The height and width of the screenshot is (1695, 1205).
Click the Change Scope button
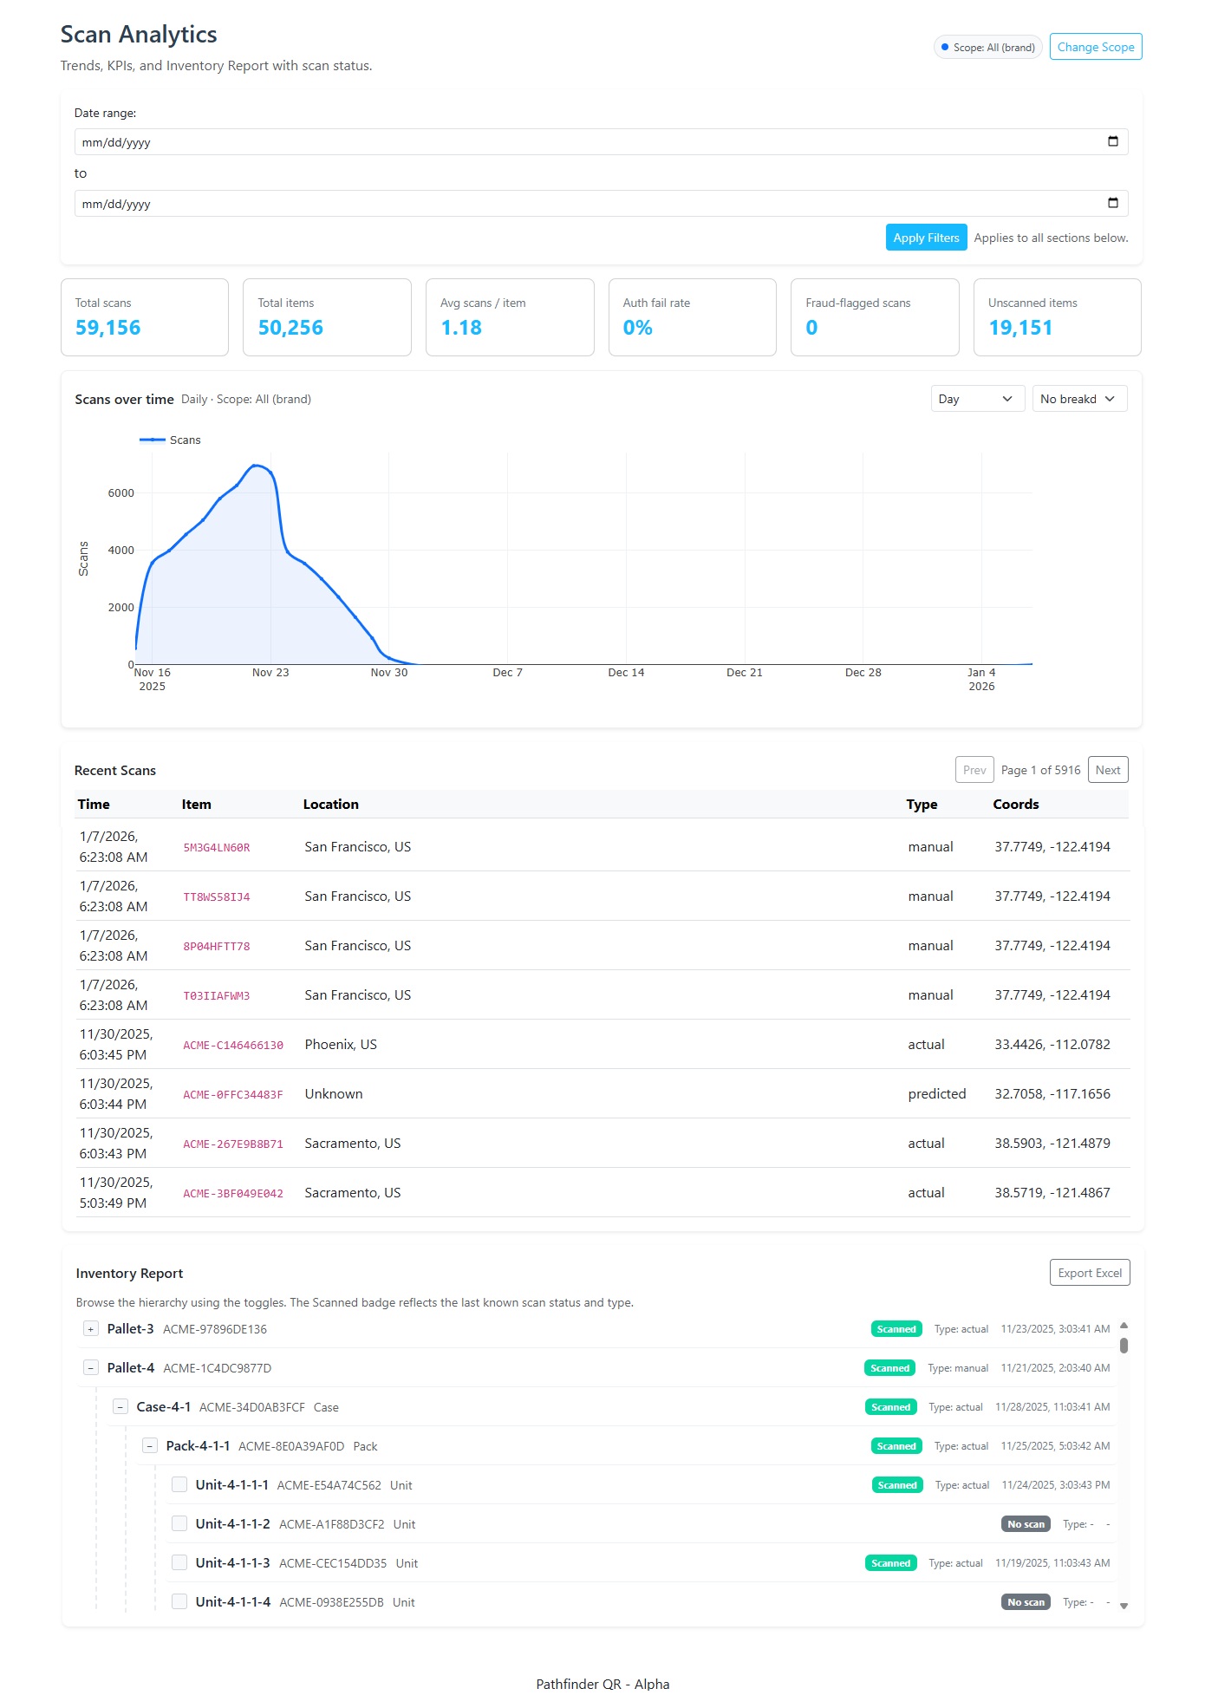click(1095, 47)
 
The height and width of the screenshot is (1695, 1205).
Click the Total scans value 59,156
click(107, 328)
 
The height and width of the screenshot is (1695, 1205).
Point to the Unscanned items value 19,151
click(1020, 328)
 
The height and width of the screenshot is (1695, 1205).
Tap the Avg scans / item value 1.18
click(461, 328)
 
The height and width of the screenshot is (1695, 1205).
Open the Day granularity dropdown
click(977, 399)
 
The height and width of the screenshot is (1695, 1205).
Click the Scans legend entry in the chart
click(171, 440)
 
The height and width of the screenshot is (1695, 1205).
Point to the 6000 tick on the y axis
click(120, 493)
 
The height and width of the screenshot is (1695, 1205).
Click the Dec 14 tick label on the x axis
click(626, 673)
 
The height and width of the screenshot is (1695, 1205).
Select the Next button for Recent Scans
click(1107, 770)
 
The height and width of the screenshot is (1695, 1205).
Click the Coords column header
click(1015, 805)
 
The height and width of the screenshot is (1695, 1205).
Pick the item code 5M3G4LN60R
click(217, 848)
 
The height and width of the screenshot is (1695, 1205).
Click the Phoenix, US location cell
click(341, 1045)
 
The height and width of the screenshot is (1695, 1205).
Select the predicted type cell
click(936, 1094)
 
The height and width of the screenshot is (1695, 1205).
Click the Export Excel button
click(1089, 1273)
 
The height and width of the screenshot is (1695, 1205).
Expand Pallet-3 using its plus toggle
click(90, 1329)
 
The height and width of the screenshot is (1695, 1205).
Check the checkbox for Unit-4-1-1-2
click(179, 1523)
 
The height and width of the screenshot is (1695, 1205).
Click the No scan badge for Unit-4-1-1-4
click(1026, 1602)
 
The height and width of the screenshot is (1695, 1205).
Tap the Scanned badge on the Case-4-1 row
click(890, 1407)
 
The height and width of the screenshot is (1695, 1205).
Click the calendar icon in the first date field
click(1113, 141)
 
